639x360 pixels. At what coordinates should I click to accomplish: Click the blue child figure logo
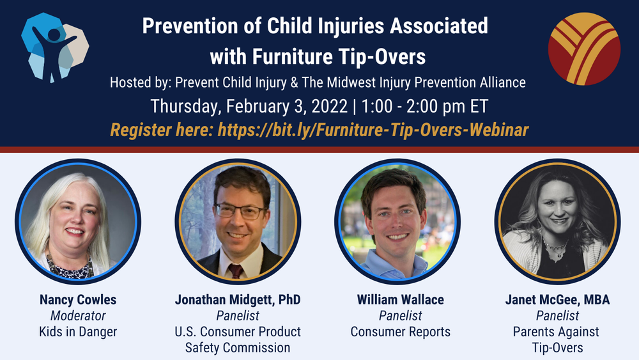coord(54,46)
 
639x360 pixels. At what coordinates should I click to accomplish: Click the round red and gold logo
coord(583,49)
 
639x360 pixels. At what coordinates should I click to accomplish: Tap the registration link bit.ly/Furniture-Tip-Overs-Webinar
coord(373,130)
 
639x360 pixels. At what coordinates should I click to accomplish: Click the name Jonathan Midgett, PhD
coord(237,299)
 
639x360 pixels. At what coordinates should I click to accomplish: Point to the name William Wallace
coord(400,299)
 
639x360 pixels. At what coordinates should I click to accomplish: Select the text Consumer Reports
coord(400,331)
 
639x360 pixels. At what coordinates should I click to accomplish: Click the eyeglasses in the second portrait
coord(239,212)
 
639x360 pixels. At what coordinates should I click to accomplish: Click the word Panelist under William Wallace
coord(400,315)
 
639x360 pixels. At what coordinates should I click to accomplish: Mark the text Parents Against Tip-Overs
coord(557,340)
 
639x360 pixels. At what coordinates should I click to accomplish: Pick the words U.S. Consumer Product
coord(237,331)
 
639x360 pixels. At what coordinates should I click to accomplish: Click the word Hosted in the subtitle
coord(131,82)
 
